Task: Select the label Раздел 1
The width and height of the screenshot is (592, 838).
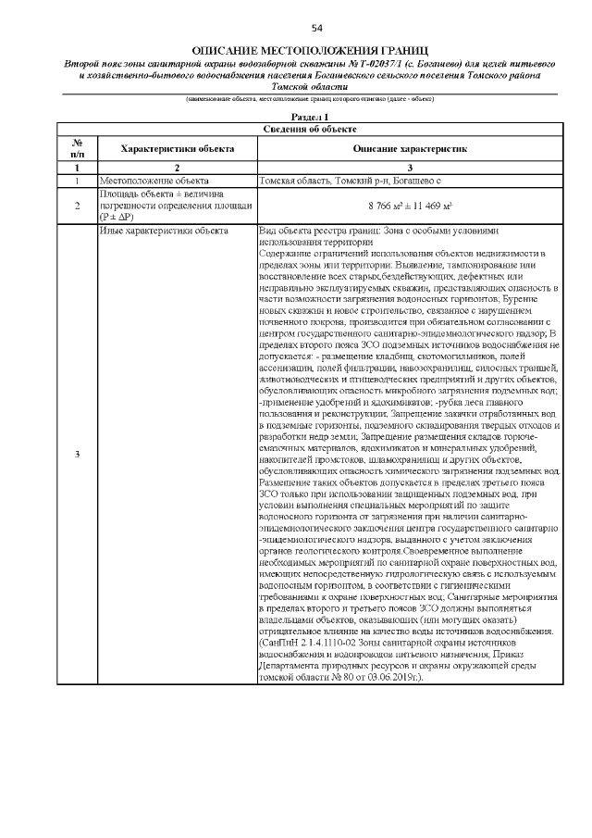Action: [x=310, y=117]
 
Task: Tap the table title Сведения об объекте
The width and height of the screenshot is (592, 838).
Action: [x=310, y=129]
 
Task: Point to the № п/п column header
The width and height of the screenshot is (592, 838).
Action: [x=78, y=148]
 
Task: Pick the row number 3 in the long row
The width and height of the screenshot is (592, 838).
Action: [x=78, y=454]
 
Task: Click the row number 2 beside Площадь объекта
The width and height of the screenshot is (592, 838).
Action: [x=78, y=205]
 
